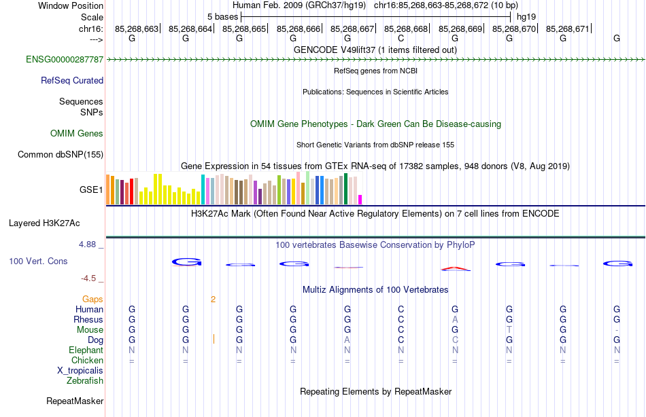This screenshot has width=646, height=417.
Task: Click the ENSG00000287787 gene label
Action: (x=65, y=60)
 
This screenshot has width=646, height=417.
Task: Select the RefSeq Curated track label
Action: (x=72, y=81)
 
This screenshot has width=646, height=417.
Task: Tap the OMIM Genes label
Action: (x=77, y=134)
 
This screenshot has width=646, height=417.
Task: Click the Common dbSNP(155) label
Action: (x=61, y=155)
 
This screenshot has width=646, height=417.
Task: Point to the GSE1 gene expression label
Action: (x=91, y=189)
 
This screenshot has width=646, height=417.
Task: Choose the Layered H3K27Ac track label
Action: (x=44, y=223)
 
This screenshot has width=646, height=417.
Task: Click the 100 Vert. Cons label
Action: (x=38, y=261)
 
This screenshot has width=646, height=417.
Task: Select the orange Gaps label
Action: (x=92, y=300)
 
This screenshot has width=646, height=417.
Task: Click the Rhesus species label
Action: (x=88, y=320)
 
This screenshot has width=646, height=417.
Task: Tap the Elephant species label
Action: (x=86, y=350)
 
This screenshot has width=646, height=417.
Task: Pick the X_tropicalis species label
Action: (x=80, y=371)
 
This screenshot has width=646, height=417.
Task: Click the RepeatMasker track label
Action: (x=74, y=401)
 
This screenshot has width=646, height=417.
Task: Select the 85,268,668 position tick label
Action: (x=406, y=29)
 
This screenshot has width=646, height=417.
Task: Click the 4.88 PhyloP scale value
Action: (x=91, y=244)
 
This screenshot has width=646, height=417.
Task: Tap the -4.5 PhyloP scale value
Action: (x=92, y=278)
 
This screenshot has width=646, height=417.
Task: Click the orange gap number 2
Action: (x=213, y=300)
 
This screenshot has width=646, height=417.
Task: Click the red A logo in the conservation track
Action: (x=456, y=268)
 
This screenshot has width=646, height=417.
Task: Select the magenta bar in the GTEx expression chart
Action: (x=360, y=199)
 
